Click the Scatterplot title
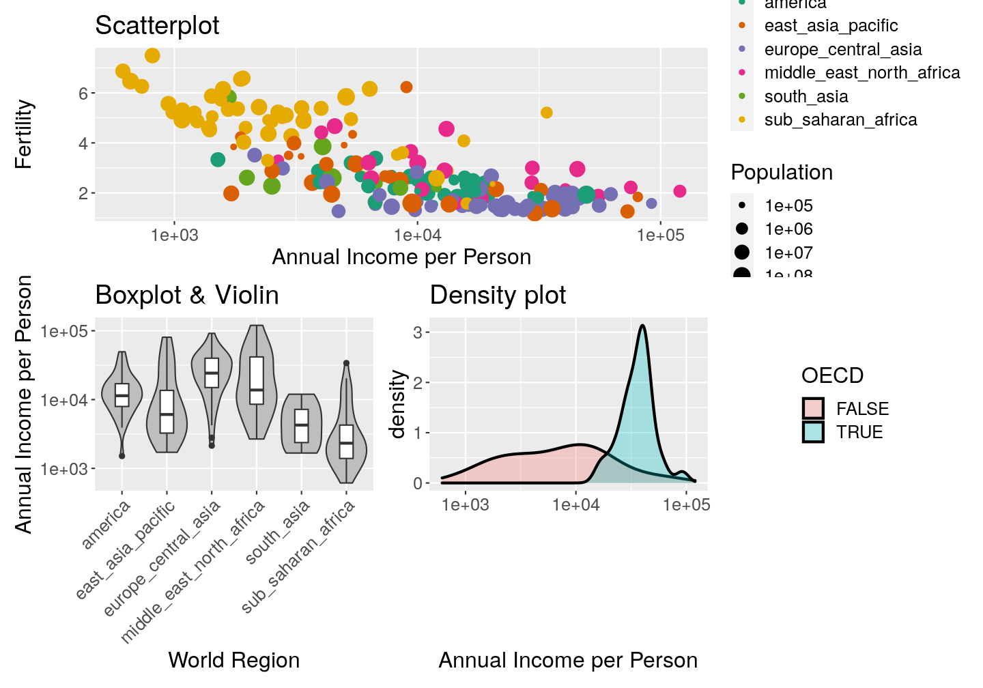click(x=157, y=26)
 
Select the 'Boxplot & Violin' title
click(x=187, y=296)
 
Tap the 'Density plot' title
click(x=498, y=296)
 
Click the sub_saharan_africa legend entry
click(x=840, y=120)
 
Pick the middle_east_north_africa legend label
click(x=861, y=73)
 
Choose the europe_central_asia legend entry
click(x=842, y=50)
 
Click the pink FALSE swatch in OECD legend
click(x=813, y=409)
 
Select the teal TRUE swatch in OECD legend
click(x=813, y=432)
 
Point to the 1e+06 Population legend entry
click(x=788, y=229)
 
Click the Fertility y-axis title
click(x=24, y=134)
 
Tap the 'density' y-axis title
click(x=397, y=404)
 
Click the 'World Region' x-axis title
click(x=233, y=660)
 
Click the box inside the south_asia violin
click(x=302, y=426)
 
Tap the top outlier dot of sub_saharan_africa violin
click(x=346, y=363)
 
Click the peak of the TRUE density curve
click(x=642, y=326)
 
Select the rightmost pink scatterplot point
click(x=679, y=191)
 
